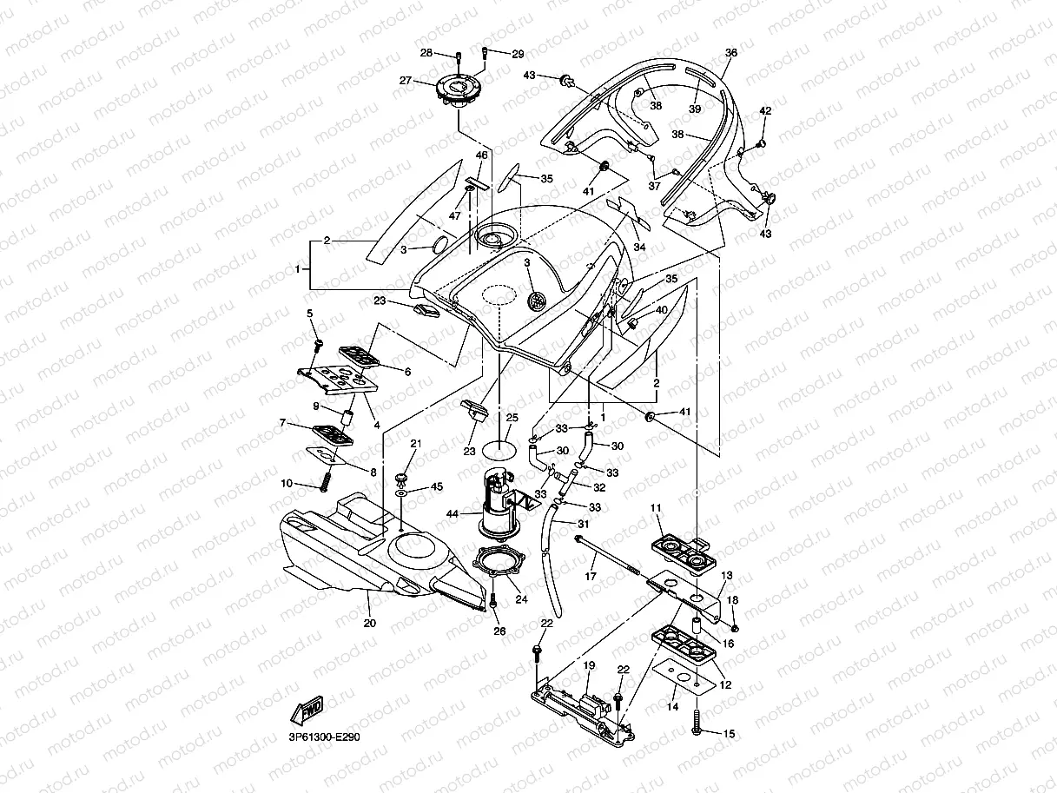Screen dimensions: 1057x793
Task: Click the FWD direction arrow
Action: [x=307, y=710]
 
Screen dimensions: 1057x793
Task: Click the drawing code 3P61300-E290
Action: [x=324, y=737]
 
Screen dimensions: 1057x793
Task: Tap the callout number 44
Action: [x=453, y=514]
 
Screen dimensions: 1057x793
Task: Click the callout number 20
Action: [x=369, y=623]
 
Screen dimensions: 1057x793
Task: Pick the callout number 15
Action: [x=729, y=734]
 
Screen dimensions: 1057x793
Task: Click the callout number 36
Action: [x=731, y=52]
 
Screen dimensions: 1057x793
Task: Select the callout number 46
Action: [x=481, y=155]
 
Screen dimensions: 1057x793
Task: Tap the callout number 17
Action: [x=591, y=576]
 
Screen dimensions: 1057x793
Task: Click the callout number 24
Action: [x=521, y=599]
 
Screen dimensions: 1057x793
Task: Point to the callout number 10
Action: [x=287, y=483]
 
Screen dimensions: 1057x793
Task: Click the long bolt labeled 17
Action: [x=608, y=555]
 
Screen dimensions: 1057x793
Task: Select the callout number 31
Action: [x=583, y=524]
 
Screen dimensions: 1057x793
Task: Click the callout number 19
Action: [x=589, y=665]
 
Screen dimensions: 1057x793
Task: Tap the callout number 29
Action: [x=518, y=54]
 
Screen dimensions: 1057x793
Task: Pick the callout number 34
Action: [x=639, y=247]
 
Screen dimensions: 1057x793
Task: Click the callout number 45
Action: [x=436, y=486]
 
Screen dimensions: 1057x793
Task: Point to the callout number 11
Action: [x=656, y=508]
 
